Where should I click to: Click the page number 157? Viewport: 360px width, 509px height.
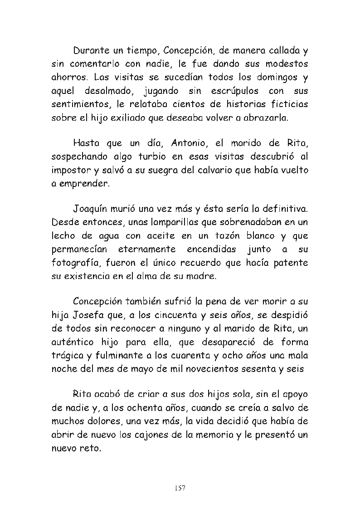180,488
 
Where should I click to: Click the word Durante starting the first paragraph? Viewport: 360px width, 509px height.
90,49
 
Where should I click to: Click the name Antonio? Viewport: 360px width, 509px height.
190,143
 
